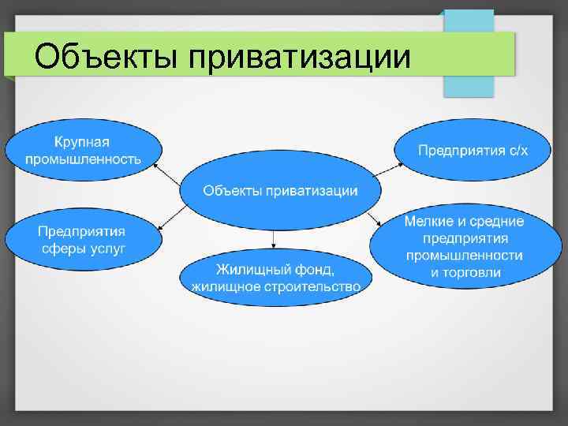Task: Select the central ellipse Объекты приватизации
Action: (280, 190)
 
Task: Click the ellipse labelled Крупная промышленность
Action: (83, 150)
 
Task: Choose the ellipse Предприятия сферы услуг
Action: (83, 239)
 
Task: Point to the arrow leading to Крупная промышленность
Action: (168, 174)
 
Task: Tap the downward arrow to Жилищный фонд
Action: (273, 239)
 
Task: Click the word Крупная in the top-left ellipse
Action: (81, 142)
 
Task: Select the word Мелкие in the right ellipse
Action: (427, 222)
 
